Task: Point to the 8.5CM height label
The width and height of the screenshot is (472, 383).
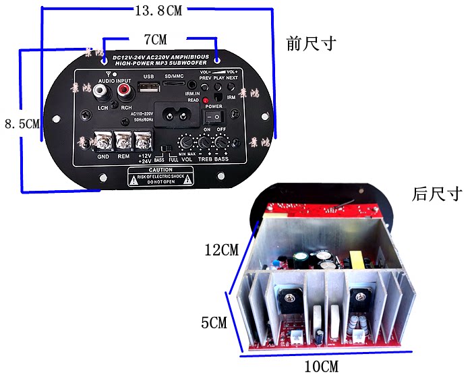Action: [x=22, y=123]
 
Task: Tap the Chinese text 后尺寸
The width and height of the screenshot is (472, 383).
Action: [x=437, y=195]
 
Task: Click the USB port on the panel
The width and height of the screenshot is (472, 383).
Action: [x=149, y=88]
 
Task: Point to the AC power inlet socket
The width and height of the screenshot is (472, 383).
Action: [x=177, y=111]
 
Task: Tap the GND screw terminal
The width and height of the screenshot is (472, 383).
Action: [x=104, y=142]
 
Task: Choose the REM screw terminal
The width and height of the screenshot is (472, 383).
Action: [x=123, y=142]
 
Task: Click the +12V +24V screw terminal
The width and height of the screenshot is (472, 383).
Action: [x=143, y=142]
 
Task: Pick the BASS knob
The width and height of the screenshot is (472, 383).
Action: [x=220, y=143]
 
